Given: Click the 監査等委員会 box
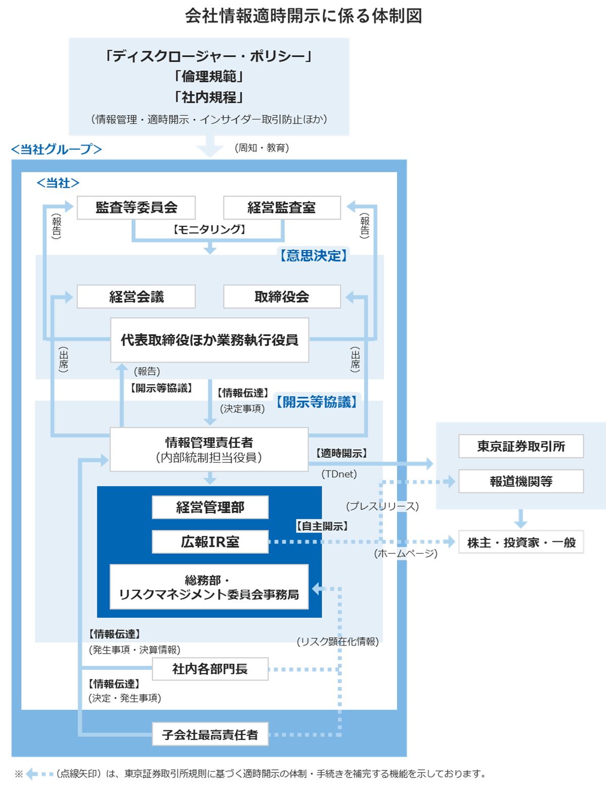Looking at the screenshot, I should click(x=136, y=208).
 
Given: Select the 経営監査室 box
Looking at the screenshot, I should click(x=282, y=208).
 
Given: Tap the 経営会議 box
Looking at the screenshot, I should click(x=136, y=297).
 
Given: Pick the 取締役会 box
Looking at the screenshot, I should click(x=282, y=297).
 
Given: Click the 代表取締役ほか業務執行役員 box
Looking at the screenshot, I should click(x=209, y=340).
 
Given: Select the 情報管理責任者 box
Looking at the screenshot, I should click(x=209, y=449).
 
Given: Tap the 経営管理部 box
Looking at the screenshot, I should click(x=210, y=507).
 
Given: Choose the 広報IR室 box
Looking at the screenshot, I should click(x=210, y=542).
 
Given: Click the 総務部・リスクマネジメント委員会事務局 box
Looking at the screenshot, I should click(x=209, y=587).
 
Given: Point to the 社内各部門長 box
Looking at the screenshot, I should click(x=210, y=669).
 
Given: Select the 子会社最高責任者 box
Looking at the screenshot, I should click(x=210, y=734).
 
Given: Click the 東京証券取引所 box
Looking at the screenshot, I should click(x=521, y=446).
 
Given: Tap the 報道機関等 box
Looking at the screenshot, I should click(x=521, y=481).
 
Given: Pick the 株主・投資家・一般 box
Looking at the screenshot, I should click(x=521, y=542).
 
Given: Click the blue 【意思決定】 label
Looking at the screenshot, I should click(x=314, y=256).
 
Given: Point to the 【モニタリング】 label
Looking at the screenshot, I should click(x=209, y=230).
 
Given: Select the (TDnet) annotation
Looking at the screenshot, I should click(x=339, y=474).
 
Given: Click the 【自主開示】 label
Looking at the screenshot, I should click(x=322, y=526).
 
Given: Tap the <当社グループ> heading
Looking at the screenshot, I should click(x=57, y=149).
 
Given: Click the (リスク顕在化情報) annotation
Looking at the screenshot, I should click(x=337, y=642).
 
